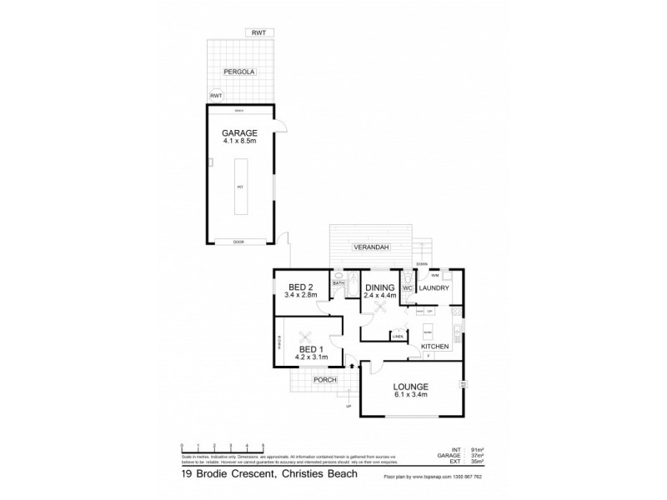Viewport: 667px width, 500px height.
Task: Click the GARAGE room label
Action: pyautogui.click(x=239, y=133)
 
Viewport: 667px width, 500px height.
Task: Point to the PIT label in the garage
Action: pyautogui.click(x=239, y=187)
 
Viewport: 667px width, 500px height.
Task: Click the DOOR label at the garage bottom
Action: pyautogui.click(x=239, y=242)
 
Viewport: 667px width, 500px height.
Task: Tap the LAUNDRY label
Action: pyautogui.click(x=434, y=289)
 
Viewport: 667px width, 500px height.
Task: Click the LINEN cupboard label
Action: pyautogui.click(x=398, y=336)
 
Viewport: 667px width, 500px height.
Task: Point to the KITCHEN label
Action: pyautogui.click(x=434, y=346)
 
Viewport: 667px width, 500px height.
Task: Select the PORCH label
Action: pyautogui.click(x=324, y=380)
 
